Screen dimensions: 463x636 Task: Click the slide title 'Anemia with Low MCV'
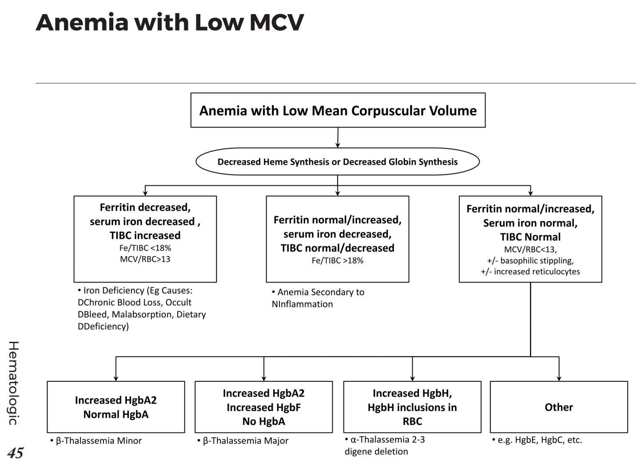[x=170, y=22]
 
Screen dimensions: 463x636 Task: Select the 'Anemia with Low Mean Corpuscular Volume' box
[x=338, y=111]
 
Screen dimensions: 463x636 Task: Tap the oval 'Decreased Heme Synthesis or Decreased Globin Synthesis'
[x=338, y=162]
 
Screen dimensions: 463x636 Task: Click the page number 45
[x=15, y=453]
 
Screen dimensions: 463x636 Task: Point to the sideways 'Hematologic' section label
[x=13, y=383]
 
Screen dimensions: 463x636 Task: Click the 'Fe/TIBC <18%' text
[x=145, y=248]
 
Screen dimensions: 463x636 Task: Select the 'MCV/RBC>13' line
[x=145, y=259]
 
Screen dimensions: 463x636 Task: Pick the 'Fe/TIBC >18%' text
[x=337, y=261]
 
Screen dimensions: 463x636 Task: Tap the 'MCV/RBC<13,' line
[x=530, y=249]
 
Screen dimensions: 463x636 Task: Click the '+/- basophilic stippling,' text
[x=530, y=261]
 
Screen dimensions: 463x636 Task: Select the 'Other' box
[x=559, y=407]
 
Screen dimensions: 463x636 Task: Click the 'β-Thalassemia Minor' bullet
[x=99, y=441]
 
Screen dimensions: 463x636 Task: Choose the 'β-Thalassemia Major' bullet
[x=245, y=441]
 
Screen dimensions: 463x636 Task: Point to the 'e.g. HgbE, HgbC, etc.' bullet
[x=539, y=440]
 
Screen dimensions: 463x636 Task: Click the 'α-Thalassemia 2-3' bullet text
[x=387, y=439]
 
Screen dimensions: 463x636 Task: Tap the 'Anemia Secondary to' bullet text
[x=320, y=292]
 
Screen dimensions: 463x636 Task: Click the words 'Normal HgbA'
[x=115, y=414]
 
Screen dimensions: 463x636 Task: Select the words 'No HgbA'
[x=263, y=421]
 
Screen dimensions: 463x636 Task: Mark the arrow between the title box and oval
[x=338, y=138]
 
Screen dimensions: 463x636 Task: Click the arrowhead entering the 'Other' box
[x=559, y=378]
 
